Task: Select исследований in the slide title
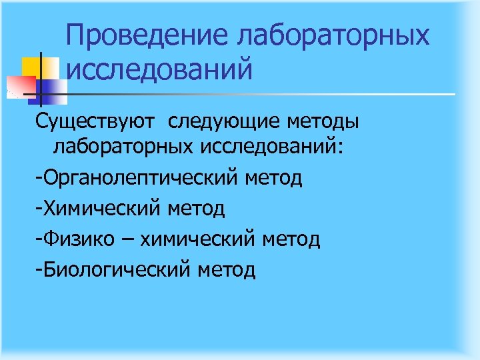[160, 69]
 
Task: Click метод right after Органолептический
[274, 178]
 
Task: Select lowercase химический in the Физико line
[187, 239]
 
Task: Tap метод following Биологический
[227, 270]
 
